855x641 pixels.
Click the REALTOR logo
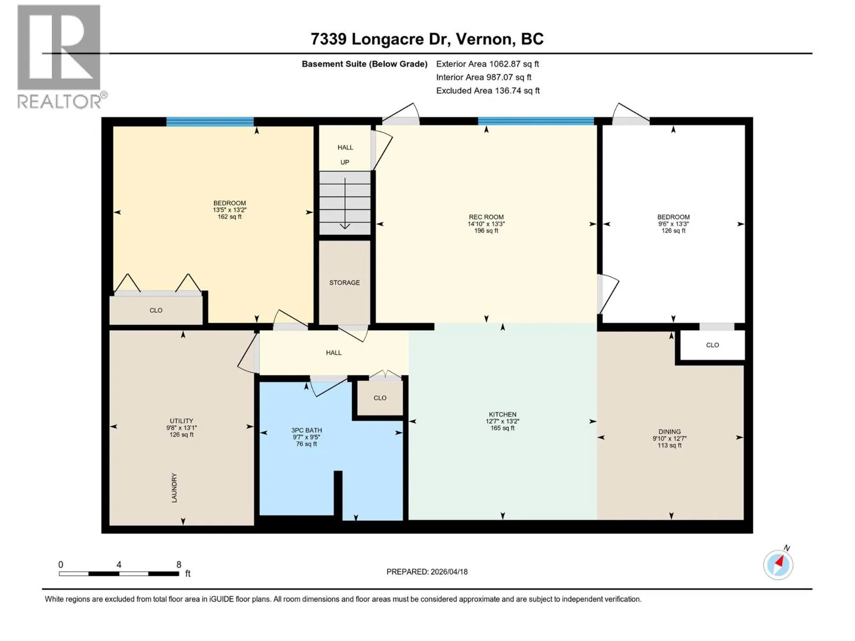click(x=61, y=57)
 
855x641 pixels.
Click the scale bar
click(x=119, y=574)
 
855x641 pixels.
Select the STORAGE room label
click(x=344, y=283)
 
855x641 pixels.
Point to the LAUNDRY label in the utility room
click(x=174, y=488)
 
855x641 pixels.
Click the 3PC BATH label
click(x=307, y=430)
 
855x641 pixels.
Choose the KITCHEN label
click(x=502, y=415)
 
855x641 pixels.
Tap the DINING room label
click(x=670, y=432)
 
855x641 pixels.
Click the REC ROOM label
click(x=486, y=217)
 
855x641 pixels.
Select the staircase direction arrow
click(x=345, y=203)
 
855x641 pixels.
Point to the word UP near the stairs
click(x=345, y=162)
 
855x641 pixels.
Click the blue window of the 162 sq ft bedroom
click(x=210, y=121)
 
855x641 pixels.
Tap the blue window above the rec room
click(x=536, y=121)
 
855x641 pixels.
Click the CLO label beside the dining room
click(x=712, y=345)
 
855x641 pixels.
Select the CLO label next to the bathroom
click(x=380, y=398)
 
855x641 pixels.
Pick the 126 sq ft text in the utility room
click(x=182, y=434)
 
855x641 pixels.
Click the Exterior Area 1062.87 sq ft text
click(x=488, y=64)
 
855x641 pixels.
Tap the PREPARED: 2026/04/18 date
click(x=427, y=572)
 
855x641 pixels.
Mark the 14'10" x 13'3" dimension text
click(x=486, y=224)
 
